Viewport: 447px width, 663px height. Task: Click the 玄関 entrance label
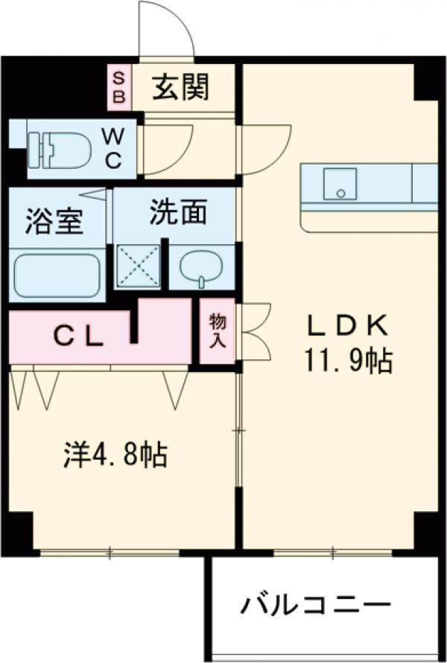(182, 87)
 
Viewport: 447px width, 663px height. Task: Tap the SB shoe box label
(118, 86)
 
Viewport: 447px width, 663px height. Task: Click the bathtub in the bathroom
(57, 275)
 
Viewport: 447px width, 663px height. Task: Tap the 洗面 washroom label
(177, 213)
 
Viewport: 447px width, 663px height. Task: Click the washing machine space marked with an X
(139, 265)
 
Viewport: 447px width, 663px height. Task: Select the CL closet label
(77, 337)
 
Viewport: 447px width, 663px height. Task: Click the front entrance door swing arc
(167, 30)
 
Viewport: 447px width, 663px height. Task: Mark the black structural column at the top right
(428, 81)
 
